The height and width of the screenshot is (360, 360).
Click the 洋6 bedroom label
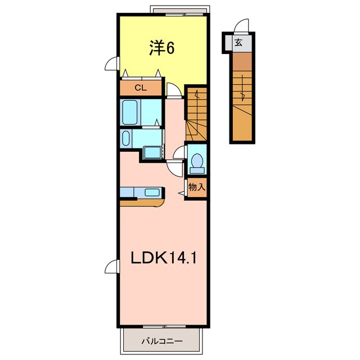pos(162,49)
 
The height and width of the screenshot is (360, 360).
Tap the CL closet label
pos(140,88)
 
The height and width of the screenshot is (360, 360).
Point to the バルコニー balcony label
pos(161,340)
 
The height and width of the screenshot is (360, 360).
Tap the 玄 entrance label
pos(238,42)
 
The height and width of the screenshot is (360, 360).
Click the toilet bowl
pos(196,161)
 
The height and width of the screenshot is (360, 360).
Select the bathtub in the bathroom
pos(131,112)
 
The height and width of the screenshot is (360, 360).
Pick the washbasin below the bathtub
pos(125,138)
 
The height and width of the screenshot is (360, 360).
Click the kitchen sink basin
pos(152,192)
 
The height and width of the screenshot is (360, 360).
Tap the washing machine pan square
pos(151,152)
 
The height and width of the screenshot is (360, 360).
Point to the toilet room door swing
pos(180,152)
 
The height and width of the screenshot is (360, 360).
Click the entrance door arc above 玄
pos(242,26)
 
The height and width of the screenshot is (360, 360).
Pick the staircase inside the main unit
pos(197,115)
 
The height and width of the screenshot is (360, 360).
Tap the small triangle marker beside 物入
pos(182,193)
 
